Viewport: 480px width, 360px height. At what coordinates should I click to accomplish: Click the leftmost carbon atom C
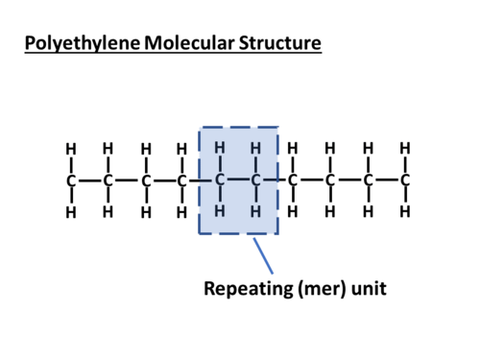pos(71,180)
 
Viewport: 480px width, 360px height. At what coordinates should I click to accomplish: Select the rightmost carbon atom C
pos(405,180)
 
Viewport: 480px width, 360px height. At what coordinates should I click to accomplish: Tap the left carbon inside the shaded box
pos(220,180)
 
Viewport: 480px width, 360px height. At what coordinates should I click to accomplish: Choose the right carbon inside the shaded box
pos(256,180)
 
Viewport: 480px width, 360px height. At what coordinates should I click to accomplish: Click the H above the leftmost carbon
pos(71,149)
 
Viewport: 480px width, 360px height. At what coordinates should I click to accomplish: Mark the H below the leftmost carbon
pos(71,211)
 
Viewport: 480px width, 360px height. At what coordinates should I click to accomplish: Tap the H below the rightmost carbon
pos(405,210)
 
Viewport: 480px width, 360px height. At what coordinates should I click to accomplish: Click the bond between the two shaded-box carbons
pos(238,180)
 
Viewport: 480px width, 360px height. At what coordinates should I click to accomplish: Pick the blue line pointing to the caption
pos(262,255)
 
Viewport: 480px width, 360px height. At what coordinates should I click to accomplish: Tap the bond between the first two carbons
pos(89,180)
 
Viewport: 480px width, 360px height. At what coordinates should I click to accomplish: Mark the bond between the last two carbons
pos(387,180)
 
